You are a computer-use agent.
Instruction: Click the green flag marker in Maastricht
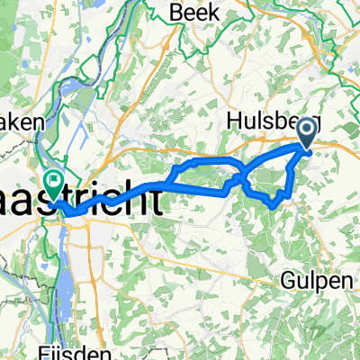55,184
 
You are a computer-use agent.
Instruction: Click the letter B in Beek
177,13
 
